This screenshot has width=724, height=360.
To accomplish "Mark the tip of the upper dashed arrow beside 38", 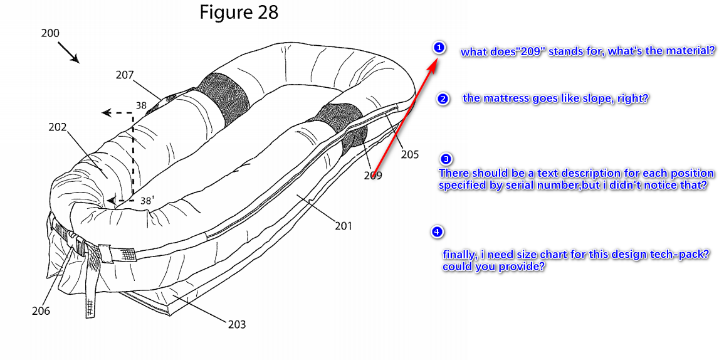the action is (103, 113).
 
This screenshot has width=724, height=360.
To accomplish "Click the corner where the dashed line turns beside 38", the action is (133, 113).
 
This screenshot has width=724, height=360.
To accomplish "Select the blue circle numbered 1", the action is (439, 47).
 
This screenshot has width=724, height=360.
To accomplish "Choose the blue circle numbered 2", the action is (443, 99).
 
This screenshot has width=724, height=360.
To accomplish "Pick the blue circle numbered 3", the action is (446, 159).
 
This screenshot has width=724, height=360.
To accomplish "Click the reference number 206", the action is (41, 311).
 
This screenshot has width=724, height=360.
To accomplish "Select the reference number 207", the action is (125, 75).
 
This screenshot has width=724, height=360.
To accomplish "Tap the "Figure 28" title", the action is (239, 12).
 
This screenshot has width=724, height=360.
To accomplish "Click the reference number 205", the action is (409, 154).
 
